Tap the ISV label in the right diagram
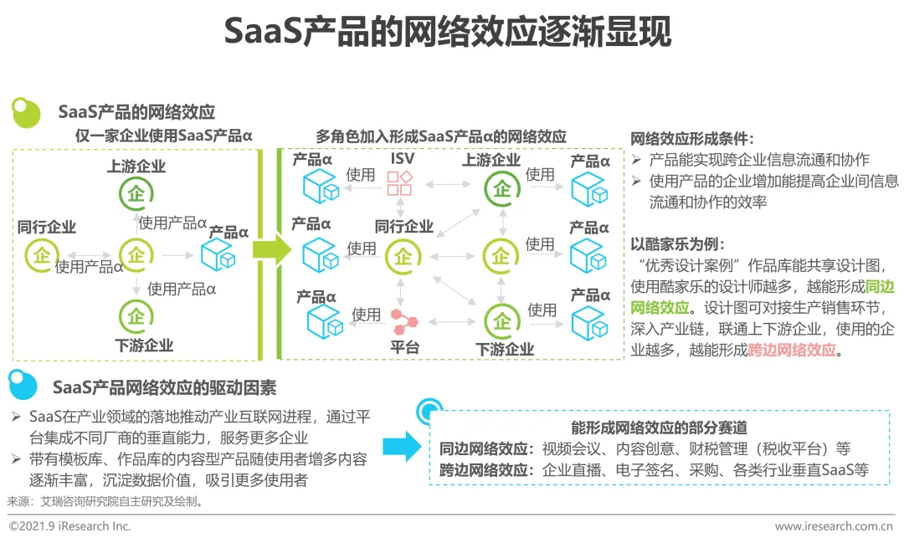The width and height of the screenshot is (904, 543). coord(403,158)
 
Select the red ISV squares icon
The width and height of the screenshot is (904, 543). coord(398,183)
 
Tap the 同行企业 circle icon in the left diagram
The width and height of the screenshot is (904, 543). coord(40,254)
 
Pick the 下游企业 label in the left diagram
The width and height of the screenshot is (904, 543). coord(144,345)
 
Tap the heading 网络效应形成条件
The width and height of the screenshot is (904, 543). coord(691,139)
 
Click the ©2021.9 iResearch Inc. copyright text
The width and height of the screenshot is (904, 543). coord(69,526)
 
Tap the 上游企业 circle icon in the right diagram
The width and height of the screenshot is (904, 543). coord(501,189)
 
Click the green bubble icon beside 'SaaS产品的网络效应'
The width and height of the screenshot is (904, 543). coord(26,112)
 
